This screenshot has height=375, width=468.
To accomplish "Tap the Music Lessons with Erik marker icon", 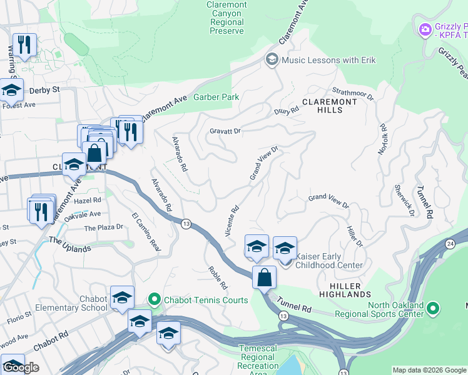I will pyautogui.click(x=272, y=60).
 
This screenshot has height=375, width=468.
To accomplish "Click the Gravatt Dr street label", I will pyautogui.click(x=225, y=131).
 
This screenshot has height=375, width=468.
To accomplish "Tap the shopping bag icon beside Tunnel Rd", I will pyautogui.click(x=264, y=277).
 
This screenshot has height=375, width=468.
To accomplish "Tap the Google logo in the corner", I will pyautogui.click(x=21, y=368).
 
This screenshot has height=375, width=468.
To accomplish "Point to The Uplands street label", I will pyautogui.click(x=69, y=244).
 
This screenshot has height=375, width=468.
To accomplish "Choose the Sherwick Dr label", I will pyautogui.click(x=404, y=199).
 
